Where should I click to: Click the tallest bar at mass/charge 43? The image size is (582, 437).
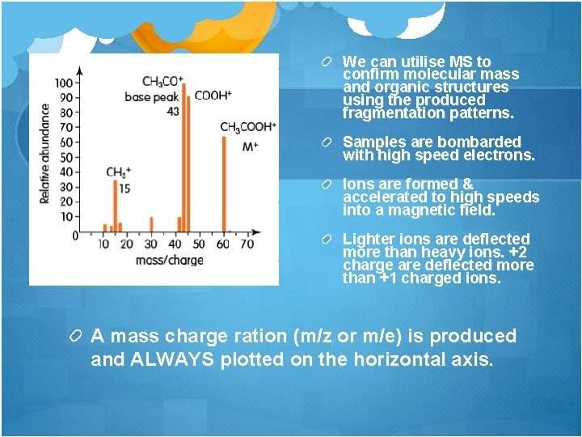point(184,162)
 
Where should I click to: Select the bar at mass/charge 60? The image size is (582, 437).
point(224,186)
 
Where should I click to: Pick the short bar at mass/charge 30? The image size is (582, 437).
point(151,224)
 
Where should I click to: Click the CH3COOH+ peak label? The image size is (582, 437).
point(248,127)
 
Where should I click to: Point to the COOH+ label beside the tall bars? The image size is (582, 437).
point(213,95)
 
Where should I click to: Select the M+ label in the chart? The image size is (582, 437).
point(250,146)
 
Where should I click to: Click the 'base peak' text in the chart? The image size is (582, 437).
point(152,97)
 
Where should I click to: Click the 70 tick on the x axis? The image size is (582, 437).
point(247,244)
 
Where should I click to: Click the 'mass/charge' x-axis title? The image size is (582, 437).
point(169,260)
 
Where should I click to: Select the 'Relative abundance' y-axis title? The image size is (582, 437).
point(45,154)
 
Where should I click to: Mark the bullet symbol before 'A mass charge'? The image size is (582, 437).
point(77,336)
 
